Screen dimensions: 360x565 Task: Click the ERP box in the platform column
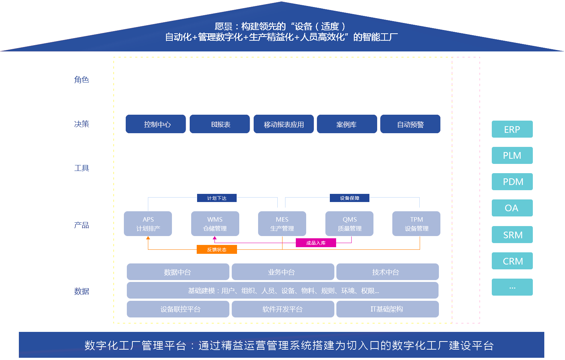[512, 129]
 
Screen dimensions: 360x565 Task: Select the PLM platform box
[512, 155]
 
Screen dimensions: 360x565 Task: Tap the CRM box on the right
[512, 261]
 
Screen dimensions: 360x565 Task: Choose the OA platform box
[512, 208]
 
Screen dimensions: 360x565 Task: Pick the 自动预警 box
[410, 124]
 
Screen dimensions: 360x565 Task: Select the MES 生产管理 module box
[282, 223]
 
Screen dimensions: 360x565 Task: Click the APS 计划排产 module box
[148, 223]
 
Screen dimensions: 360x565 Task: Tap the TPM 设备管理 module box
[416, 223]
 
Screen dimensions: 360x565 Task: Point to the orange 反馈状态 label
[216, 249]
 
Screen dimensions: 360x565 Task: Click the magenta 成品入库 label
[315, 243]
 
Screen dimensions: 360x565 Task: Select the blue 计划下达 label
[217, 198]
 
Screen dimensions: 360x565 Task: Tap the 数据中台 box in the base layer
[178, 272]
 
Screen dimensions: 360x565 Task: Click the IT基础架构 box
[387, 309]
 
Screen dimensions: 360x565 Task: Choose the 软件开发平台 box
[282, 309]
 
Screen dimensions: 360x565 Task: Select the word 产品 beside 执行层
[81, 225]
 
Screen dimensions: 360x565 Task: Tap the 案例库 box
[346, 124]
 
